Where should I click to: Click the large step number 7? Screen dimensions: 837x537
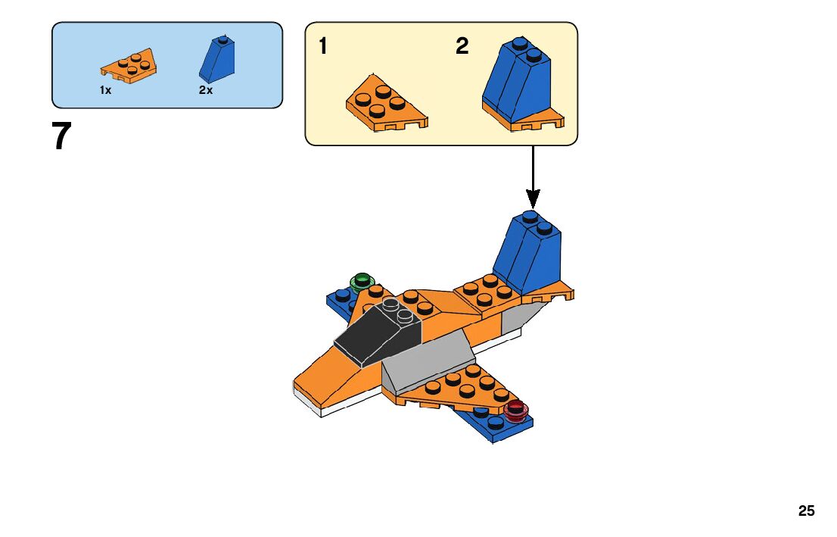(62, 137)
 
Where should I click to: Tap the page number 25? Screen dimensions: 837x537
(806, 511)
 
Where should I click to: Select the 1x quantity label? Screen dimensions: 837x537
(105, 90)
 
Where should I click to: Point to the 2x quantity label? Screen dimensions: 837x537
(206, 90)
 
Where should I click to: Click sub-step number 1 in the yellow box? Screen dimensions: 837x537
(323, 47)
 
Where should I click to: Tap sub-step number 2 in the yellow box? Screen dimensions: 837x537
(462, 47)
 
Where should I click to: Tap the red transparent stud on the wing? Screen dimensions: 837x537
(516, 410)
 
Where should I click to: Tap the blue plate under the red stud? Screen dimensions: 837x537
(492, 426)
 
